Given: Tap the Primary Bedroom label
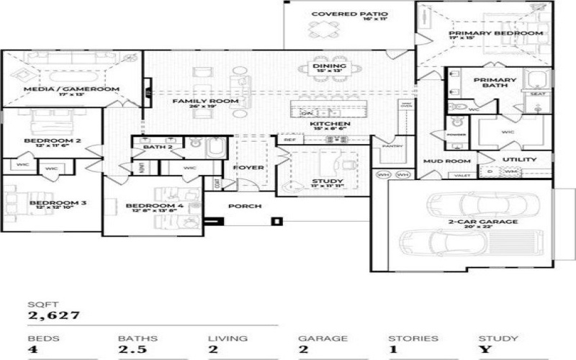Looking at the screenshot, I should pos(495,33).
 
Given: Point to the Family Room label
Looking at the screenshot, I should pos(204,102).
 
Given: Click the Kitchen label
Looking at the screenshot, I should pos(330,125).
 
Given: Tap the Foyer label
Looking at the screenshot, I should pos(248,168).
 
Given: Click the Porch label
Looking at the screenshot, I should pos(244,206).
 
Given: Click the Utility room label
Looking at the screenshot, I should pos(519,159).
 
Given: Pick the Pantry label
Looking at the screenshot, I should pos(393,147).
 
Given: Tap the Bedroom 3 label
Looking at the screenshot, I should pos(58,203).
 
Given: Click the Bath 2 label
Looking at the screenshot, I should pos(158,147).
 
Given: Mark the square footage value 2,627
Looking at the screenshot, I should pos(54,315).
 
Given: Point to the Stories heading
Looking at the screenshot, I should pos(413,338).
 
